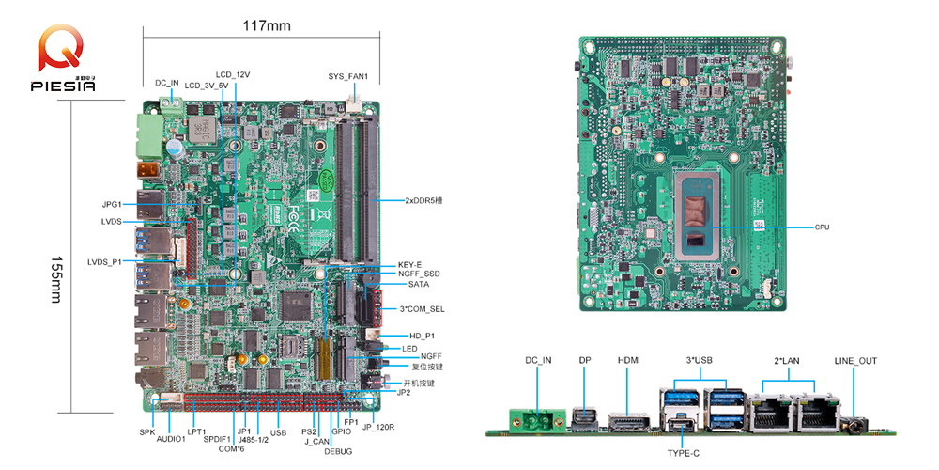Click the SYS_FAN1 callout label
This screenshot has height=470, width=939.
point(347,76)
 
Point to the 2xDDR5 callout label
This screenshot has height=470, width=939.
point(430,200)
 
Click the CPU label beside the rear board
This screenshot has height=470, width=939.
point(823,227)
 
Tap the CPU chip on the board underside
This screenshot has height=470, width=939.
point(700,217)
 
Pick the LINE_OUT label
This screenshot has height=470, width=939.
point(855,361)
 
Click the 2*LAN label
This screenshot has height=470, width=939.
point(787,361)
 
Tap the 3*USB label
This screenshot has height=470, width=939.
point(700,361)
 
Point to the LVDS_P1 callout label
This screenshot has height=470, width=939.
point(104,261)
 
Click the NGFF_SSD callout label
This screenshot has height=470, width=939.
point(419,274)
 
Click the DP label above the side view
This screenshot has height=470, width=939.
point(585,361)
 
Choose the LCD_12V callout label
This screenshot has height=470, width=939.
point(232,73)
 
